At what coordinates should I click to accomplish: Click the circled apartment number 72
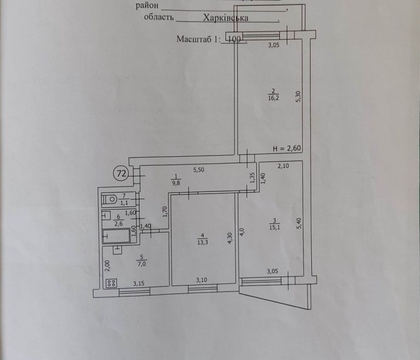pyautogui.click(x=121, y=173)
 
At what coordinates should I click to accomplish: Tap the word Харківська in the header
pyautogui.click(x=225, y=18)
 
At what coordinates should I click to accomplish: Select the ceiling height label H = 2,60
pyautogui.click(x=287, y=148)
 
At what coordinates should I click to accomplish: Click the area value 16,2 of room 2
pyautogui.click(x=273, y=98)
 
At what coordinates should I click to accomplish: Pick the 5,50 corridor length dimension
pyautogui.click(x=199, y=169)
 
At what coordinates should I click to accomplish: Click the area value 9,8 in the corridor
pyautogui.click(x=176, y=183)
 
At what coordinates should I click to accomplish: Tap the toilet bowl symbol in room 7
pyautogui.click(x=111, y=199)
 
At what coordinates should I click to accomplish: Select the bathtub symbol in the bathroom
pyautogui.click(x=117, y=236)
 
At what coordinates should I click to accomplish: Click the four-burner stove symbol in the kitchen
pyautogui.click(x=111, y=283)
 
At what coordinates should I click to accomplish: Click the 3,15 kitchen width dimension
pyautogui.click(x=138, y=284)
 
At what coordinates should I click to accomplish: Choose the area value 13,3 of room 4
pyautogui.click(x=202, y=242)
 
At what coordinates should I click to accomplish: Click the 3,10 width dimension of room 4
pyautogui.click(x=202, y=280)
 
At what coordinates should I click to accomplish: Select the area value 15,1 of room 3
pyautogui.click(x=274, y=227)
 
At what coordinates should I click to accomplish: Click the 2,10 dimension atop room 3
pyautogui.click(x=283, y=166)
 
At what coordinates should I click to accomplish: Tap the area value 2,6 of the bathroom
pyautogui.click(x=118, y=223)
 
